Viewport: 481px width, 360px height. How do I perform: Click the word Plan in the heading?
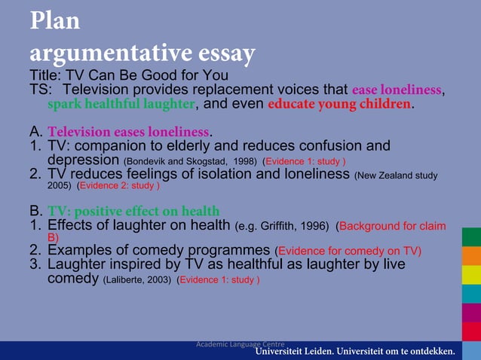55,20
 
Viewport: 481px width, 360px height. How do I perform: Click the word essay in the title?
219,53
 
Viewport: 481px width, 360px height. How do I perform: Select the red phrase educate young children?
339,104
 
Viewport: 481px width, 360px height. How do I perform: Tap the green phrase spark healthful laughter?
121,104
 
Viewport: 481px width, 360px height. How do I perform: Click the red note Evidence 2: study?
118,185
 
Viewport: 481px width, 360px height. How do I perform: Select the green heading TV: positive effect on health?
133,212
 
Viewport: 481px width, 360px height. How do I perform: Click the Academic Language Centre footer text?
240,343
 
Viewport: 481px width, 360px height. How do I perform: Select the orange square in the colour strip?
471,256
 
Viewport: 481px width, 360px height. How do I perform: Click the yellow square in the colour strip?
471,274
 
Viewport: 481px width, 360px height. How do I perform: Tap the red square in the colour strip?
471,331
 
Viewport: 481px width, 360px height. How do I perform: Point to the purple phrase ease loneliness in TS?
396,90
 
